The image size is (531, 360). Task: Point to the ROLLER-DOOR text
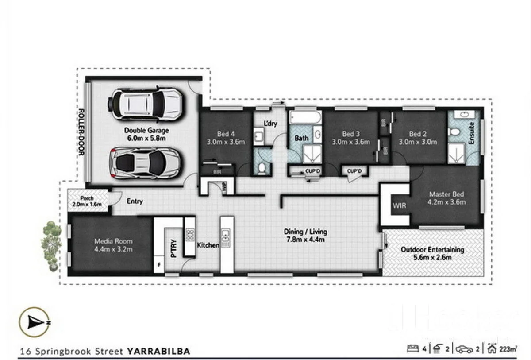81,132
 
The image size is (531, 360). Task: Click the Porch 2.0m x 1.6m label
88,201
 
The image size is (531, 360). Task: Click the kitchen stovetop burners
189,235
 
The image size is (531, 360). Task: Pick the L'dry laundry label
270,124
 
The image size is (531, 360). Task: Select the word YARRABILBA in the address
158,351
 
